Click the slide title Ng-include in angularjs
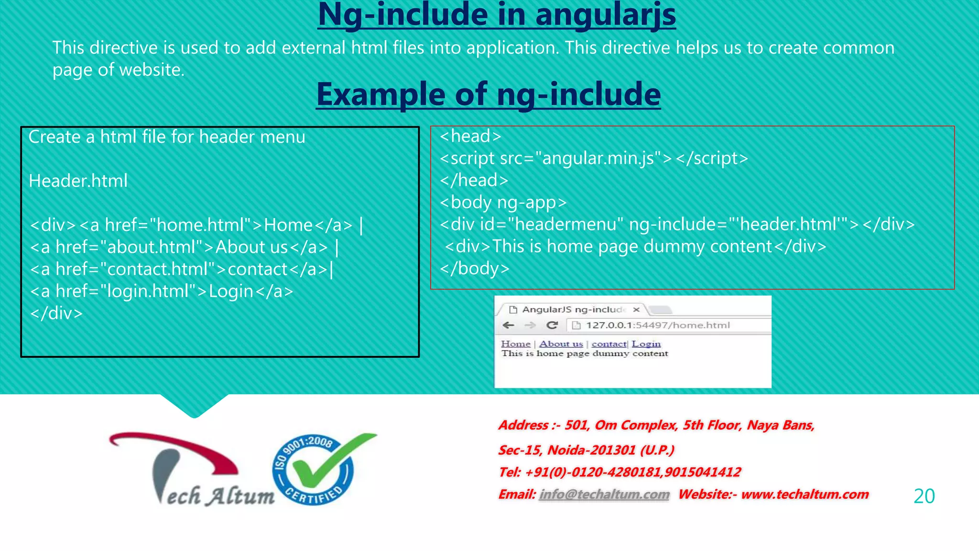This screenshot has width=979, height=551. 497,15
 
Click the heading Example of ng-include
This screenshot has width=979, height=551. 488,94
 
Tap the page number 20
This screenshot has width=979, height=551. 924,496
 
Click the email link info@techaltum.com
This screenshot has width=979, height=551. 604,494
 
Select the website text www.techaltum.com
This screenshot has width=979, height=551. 805,494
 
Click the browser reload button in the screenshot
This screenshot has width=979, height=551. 552,325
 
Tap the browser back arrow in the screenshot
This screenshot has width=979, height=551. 508,325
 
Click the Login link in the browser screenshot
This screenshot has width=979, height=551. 646,344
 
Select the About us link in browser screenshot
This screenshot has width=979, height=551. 561,344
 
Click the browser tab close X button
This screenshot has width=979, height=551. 636,309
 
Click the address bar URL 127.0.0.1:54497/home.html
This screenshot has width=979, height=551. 658,325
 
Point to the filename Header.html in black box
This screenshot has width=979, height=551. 78,181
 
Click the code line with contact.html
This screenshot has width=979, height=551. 182,269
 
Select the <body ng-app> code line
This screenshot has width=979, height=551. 503,202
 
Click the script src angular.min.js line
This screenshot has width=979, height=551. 594,158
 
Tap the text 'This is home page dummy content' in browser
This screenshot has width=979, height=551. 584,353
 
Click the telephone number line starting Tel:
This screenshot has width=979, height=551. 619,472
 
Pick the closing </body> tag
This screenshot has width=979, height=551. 475,268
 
